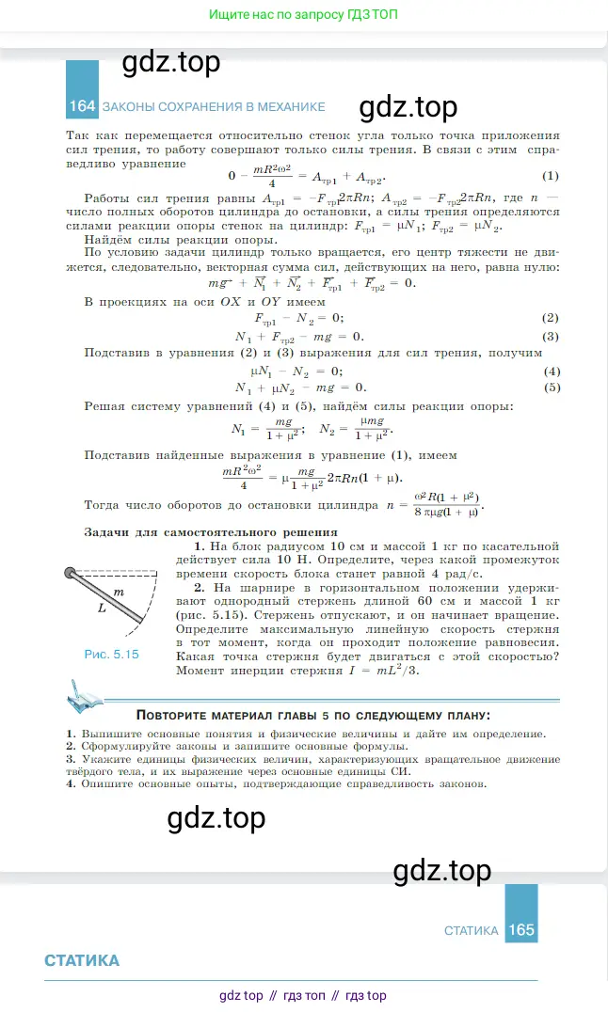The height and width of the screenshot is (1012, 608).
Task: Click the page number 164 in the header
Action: point(82,106)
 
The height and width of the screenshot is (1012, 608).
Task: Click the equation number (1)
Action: point(551,176)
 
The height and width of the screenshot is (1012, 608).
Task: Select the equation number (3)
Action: point(551,336)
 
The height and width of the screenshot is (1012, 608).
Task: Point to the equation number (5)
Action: point(551,387)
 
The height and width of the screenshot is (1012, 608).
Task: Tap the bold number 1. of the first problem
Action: point(200,546)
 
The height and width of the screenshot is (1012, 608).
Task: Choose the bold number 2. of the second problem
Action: point(200,588)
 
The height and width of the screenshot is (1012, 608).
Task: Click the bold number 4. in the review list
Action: point(71,783)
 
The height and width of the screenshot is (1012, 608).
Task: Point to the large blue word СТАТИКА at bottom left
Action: point(82,960)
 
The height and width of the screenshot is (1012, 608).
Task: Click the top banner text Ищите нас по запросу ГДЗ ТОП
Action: point(304,15)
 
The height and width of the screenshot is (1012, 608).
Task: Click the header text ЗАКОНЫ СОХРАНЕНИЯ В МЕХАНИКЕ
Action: point(214,106)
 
